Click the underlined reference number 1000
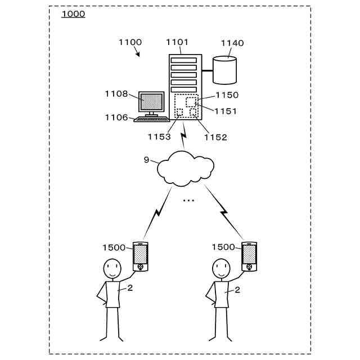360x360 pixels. point(73,14)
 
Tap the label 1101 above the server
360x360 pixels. point(177,42)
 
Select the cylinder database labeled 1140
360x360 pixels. point(224,70)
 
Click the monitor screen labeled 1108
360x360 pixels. point(151,101)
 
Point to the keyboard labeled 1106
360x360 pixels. point(152,119)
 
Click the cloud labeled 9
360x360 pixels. point(186,168)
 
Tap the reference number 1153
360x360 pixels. point(159,137)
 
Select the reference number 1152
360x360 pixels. point(215,137)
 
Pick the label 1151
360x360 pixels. point(225,111)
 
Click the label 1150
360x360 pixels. point(227,95)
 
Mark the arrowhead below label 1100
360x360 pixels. point(138,55)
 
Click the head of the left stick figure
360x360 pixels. point(112,268)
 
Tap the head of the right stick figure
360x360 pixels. point(221,268)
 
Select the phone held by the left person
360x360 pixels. point(141,256)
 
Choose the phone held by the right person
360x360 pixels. point(249,256)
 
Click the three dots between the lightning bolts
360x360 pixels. point(188,201)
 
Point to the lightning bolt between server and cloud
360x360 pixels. point(183,136)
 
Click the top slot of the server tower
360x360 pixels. point(184,60)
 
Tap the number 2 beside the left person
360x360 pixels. point(130,288)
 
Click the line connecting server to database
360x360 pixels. point(208,70)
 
